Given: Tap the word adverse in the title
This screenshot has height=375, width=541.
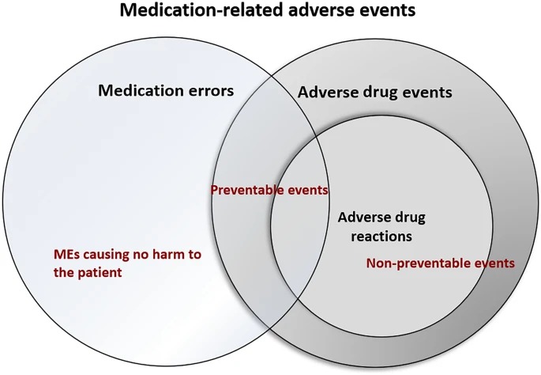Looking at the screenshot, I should coord(306,13).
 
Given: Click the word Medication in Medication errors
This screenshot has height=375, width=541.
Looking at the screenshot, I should coord(141,90).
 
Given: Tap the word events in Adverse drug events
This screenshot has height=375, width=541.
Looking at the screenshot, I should coord(429,93).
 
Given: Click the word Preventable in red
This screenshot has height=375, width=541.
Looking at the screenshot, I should coord(247,191).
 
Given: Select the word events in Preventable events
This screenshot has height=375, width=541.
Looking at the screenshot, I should coord(308,191).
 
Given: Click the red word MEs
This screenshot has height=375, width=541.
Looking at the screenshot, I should coord(66,255).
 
